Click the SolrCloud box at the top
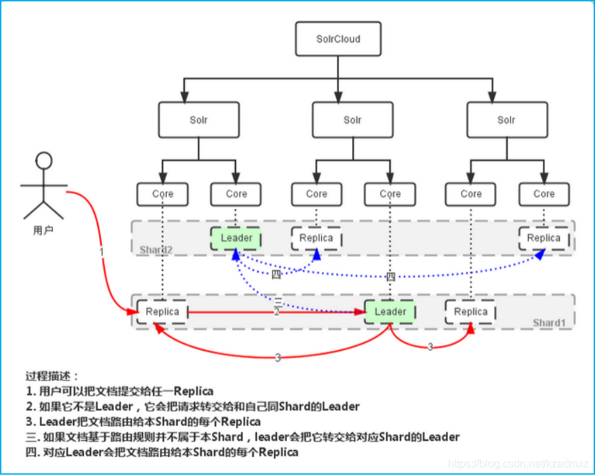338,39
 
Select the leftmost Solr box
199,120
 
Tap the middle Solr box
352,120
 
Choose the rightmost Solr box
506,120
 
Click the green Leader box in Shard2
237,238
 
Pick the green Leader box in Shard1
390,312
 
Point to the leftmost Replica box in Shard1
163,312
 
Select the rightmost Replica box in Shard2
543,238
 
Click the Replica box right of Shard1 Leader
471,312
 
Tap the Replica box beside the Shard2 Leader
316,238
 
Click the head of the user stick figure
44,161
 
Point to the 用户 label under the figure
43,231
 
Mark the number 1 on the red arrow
102,252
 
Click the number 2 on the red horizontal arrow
276,313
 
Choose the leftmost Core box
163,194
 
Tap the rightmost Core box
543,194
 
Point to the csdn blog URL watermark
518,462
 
